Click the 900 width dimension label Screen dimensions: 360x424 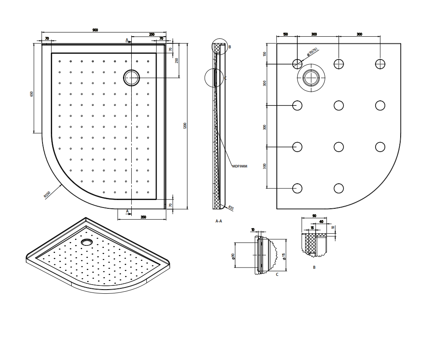95,30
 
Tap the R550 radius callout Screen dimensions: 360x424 47,195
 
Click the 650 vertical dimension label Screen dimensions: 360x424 31,94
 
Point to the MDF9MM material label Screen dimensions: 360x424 240,166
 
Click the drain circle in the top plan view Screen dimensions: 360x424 132,77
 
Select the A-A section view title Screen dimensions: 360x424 218,221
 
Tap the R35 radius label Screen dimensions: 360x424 231,207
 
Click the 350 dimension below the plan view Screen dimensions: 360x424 143,217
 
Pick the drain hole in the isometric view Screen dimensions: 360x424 87,241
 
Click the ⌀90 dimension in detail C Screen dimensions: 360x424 233,256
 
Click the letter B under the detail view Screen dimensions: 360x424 314,267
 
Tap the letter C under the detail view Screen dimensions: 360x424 277,275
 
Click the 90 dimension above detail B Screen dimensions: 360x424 314,216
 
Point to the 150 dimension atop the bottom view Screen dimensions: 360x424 285,35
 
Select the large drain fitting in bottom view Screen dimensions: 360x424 311,78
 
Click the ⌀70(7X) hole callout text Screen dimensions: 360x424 312,52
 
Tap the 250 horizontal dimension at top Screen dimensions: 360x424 151,35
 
